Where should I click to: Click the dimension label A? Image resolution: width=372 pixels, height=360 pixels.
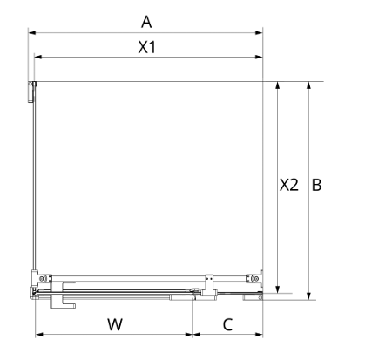(x=146, y=22)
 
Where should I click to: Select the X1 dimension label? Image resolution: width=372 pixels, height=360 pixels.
(x=147, y=47)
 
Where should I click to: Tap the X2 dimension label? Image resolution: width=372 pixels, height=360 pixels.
(x=289, y=185)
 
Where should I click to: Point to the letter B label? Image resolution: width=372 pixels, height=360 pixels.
(x=316, y=185)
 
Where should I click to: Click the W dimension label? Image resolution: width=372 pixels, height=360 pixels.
(x=115, y=324)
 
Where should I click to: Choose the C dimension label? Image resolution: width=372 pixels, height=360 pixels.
(x=227, y=324)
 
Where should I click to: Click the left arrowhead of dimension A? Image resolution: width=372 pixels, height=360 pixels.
(x=31, y=32)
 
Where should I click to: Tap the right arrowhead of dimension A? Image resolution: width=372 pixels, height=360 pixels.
(x=260, y=32)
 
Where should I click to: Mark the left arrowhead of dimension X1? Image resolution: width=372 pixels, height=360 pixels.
(x=38, y=57)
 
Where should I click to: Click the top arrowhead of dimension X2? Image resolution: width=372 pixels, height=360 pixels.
(x=278, y=85)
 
